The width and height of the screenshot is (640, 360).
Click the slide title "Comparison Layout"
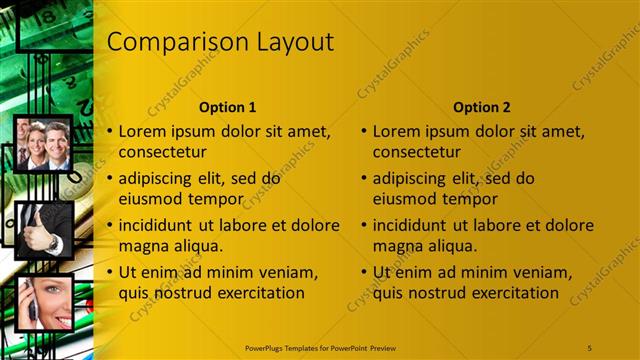(220, 42)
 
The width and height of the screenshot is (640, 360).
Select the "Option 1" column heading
(227, 107)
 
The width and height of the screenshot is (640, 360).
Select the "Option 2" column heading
(481, 107)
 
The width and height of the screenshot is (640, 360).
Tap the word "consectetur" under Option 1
(163, 153)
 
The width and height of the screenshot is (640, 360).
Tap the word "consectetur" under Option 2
(417, 153)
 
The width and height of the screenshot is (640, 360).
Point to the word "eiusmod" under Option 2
(404, 198)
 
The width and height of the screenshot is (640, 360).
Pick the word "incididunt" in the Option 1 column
(160, 226)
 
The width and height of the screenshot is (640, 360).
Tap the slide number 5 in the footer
(590, 347)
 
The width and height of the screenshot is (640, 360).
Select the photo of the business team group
(44, 143)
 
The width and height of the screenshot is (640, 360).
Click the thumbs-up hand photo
(44, 230)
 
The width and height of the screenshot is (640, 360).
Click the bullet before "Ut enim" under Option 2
(365, 273)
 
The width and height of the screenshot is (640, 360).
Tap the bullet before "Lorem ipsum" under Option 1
(111, 132)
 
